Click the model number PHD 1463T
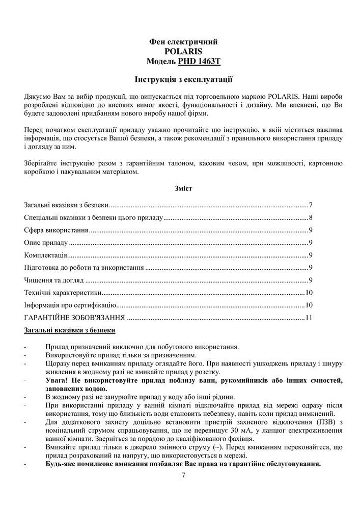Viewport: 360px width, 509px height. (x=200, y=62)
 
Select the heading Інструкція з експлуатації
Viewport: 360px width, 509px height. (x=184, y=79)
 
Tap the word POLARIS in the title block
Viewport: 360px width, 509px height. (x=184, y=51)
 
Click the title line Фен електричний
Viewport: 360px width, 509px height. (x=184, y=41)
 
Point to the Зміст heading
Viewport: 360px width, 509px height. (x=183, y=188)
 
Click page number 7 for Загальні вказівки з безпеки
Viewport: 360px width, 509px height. (x=310, y=205)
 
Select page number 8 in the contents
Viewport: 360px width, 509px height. (x=310, y=218)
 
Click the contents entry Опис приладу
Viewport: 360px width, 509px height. (x=46, y=243)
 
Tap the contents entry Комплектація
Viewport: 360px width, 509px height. (x=46, y=255)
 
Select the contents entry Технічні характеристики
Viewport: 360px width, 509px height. (x=62, y=293)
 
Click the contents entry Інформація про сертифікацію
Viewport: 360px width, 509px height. (x=70, y=305)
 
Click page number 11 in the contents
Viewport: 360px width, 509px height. (x=309, y=318)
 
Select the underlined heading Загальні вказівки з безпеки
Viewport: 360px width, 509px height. (x=70, y=330)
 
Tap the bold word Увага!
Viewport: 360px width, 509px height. (x=58, y=381)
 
